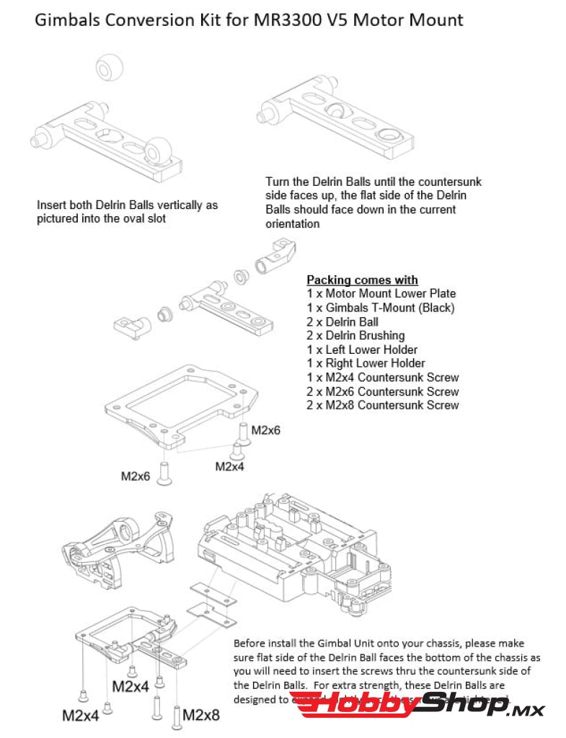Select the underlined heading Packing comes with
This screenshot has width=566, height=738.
pyautogui.click(x=362, y=280)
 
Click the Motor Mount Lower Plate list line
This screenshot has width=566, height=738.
pyautogui.click(x=381, y=293)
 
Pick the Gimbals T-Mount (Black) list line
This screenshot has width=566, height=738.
pyautogui.click(x=380, y=308)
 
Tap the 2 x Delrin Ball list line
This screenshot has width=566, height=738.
pyautogui.click(x=342, y=321)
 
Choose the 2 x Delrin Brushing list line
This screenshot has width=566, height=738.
pyautogui.click(x=355, y=335)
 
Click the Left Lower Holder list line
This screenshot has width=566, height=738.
pyautogui.click(x=362, y=350)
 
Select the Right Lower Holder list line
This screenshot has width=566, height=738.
pyautogui.click(x=366, y=363)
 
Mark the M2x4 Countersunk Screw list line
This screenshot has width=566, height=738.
pyautogui.click(x=382, y=377)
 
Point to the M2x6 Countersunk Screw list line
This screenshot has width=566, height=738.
pyautogui.click(x=382, y=391)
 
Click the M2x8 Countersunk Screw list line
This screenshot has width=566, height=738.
pyautogui.click(x=382, y=405)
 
